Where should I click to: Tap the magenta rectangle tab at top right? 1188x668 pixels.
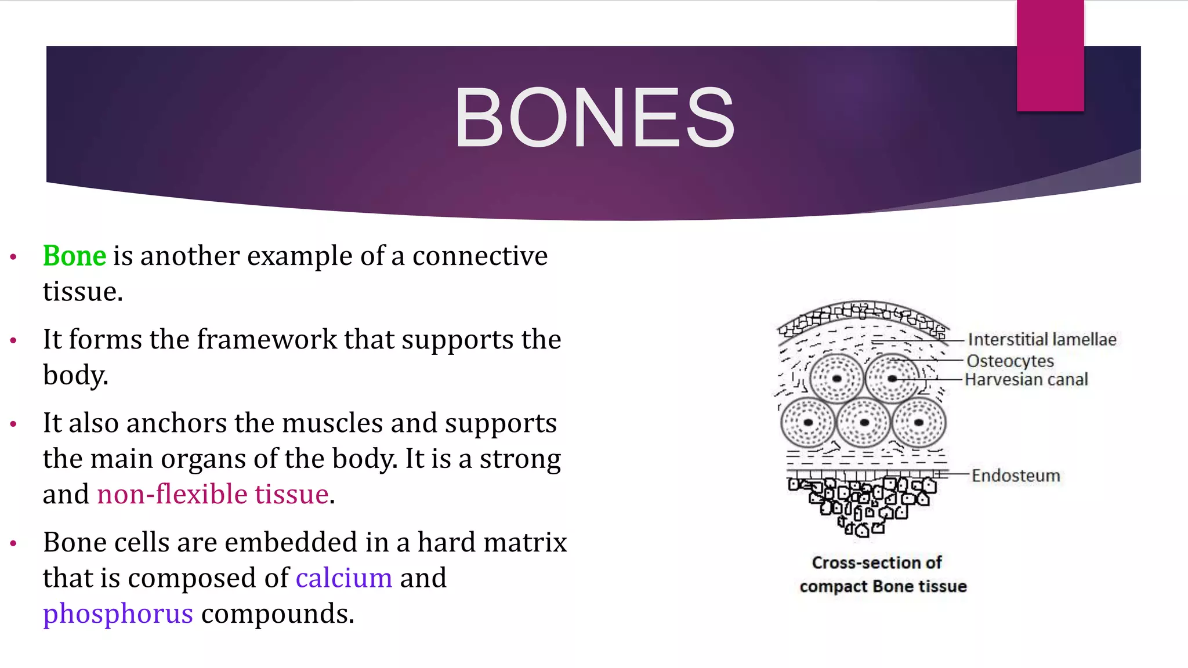click(x=1050, y=56)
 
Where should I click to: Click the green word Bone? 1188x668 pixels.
click(x=75, y=256)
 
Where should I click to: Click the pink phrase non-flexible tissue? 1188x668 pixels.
click(x=213, y=494)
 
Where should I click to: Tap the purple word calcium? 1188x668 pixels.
click(x=344, y=578)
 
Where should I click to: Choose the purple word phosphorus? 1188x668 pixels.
click(x=118, y=613)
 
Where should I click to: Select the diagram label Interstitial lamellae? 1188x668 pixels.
click(x=1042, y=339)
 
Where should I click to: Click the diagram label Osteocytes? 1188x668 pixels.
click(x=1010, y=361)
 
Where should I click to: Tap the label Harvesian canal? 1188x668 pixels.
click(x=1026, y=380)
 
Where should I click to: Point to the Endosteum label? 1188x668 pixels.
click(x=1016, y=475)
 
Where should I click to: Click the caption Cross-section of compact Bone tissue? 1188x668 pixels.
click(x=882, y=574)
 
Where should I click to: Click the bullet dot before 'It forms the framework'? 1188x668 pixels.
click(x=13, y=340)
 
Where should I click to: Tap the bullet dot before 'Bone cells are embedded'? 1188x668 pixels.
click(x=13, y=543)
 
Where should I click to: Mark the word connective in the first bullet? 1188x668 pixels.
click(x=480, y=256)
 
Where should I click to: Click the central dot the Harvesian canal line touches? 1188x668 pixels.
click(x=892, y=379)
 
